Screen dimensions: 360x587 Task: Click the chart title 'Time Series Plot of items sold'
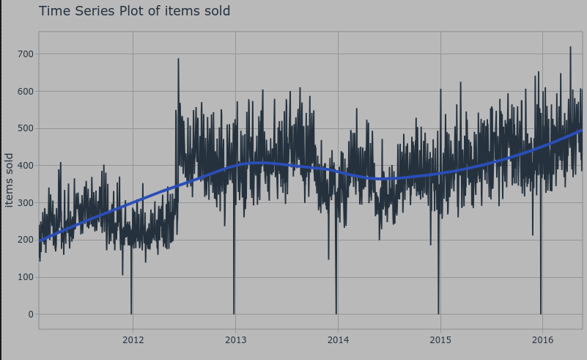coord(134,11)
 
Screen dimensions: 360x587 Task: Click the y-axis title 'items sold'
coord(9,180)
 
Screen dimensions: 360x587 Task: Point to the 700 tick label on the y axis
coord(26,54)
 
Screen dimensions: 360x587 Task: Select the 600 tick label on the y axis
coord(26,92)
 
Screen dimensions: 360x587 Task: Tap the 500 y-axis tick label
coord(26,128)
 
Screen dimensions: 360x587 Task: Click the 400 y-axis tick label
coord(26,166)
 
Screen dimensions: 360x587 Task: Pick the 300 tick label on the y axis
coord(26,203)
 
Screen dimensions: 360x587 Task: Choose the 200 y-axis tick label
coord(26,240)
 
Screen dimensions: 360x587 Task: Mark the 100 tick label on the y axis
coord(26,277)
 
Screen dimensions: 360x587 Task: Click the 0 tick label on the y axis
coord(30,315)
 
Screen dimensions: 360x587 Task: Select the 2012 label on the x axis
coord(133,339)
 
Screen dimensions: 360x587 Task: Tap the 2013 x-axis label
coord(235,339)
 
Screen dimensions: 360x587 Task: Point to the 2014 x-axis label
coord(338,339)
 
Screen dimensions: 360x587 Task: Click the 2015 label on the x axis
coord(440,339)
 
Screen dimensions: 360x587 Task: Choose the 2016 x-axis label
coord(542,339)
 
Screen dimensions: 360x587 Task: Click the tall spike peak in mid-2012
coord(178,59)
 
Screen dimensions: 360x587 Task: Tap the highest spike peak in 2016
coord(570,48)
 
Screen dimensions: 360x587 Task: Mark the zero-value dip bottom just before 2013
coord(234,313)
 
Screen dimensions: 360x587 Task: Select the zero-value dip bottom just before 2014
coord(336,313)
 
